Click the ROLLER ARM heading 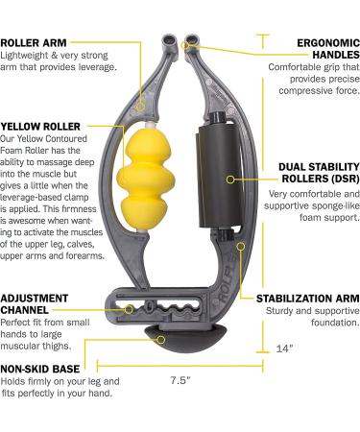coord(34,42)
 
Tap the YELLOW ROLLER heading coord(41,125)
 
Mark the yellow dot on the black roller coord(229,179)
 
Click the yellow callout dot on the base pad coord(161,339)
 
